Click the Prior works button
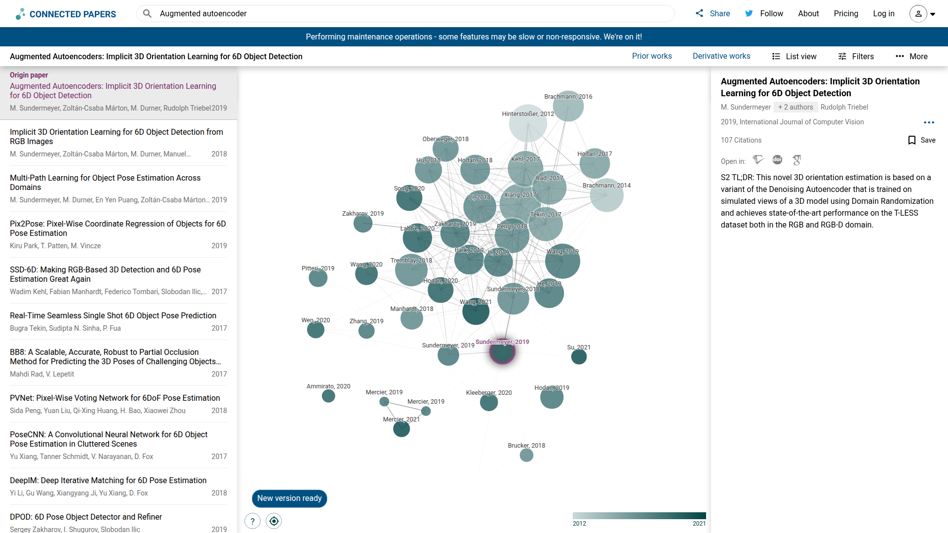[x=652, y=56]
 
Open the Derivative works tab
[x=721, y=56]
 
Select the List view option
[x=794, y=57]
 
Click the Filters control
[x=856, y=57]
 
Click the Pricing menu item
[x=846, y=14]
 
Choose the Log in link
[x=883, y=14]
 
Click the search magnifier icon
[x=147, y=14]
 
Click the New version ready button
[x=289, y=498]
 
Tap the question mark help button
[x=252, y=521]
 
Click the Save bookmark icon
[x=912, y=141]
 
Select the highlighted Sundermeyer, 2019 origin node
[x=502, y=352]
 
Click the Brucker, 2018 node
[x=526, y=455]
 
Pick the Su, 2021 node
[x=579, y=357]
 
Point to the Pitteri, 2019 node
[x=318, y=278]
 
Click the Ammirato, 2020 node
[x=328, y=396]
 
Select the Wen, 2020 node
[x=316, y=330]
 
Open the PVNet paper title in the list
[x=115, y=398]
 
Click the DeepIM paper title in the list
[x=108, y=481]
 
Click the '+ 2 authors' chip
[x=795, y=107]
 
